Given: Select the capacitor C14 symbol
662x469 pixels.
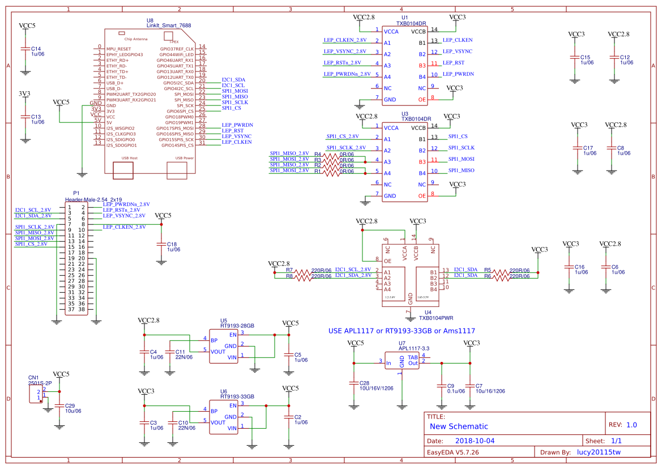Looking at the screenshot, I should (25, 49).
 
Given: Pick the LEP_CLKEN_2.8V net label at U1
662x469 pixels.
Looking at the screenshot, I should (344, 40).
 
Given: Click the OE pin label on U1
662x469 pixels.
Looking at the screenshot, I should (422, 100).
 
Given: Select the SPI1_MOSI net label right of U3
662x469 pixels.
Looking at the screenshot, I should (462, 159).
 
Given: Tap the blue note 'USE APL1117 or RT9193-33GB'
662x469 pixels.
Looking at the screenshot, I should (402, 331).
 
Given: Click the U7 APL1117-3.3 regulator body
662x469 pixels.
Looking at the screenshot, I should (402, 361).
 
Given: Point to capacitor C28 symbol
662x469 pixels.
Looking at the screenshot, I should (354, 383).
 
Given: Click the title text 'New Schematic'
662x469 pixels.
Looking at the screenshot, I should (459, 427).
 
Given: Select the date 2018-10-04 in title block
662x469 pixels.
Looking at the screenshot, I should (475, 441).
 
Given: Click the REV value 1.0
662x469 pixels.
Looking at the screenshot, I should (631, 425).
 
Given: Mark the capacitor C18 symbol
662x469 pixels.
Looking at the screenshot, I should (161, 244).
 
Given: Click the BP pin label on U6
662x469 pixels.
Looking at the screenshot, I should (214, 411).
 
